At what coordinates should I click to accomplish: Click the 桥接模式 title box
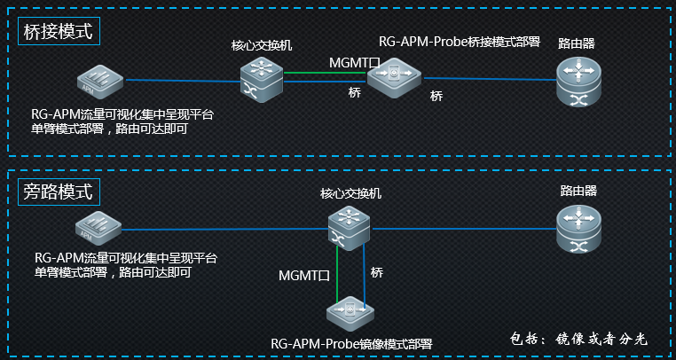pos(58,31)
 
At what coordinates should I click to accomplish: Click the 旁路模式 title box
pos(58,192)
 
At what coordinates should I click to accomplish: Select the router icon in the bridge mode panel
pos(578,81)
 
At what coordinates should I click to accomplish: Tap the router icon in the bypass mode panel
pos(578,225)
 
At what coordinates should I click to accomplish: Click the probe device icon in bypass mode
pos(351,312)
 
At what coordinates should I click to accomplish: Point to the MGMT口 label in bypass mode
pos(304,277)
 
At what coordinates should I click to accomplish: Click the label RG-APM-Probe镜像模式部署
pos(351,343)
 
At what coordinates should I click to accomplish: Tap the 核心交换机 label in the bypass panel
pos(350,193)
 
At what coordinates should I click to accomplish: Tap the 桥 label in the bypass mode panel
pos(376,271)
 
